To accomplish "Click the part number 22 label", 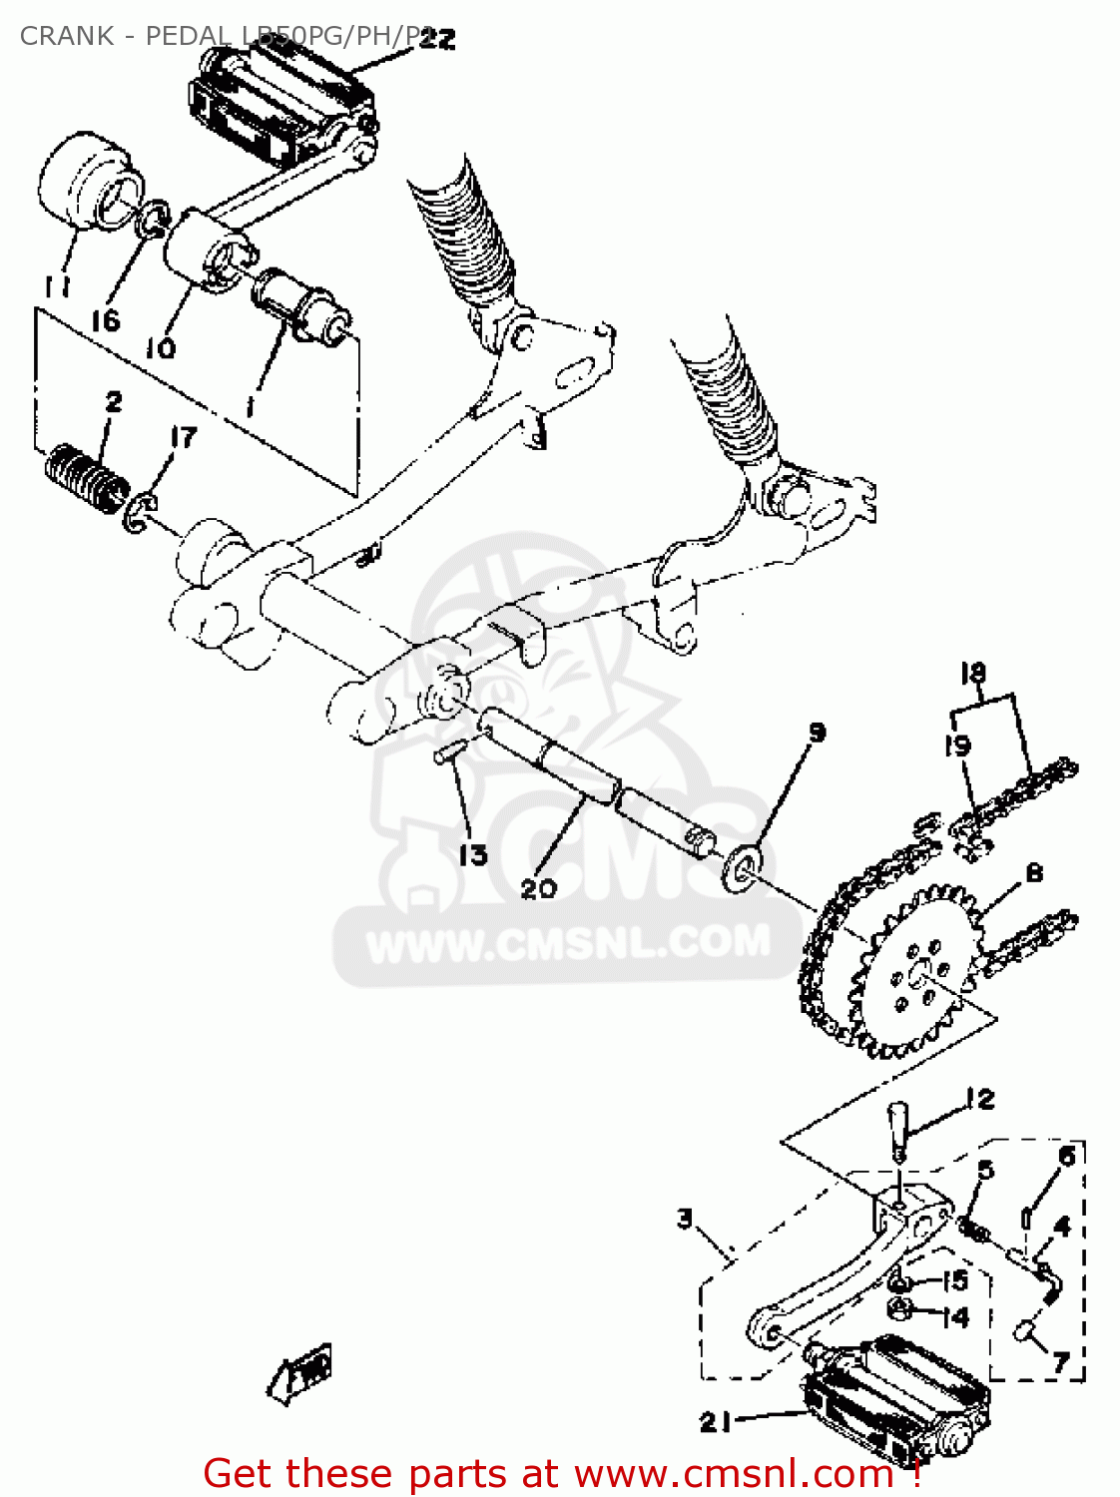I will [x=436, y=39].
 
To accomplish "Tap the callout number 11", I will [x=57, y=286].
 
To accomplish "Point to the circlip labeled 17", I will [x=139, y=512].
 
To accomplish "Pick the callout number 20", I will [x=538, y=887].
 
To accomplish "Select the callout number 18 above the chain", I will [x=973, y=674].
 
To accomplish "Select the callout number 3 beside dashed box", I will [x=685, y=1219].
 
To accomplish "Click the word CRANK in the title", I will [x=67, y=36].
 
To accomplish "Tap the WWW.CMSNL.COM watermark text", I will [x=569, y=943].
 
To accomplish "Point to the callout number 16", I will [x=106, y=320].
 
